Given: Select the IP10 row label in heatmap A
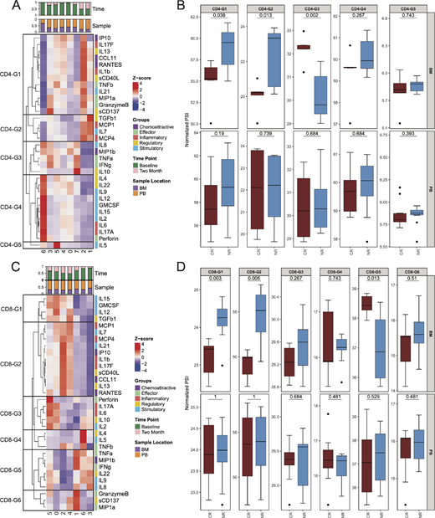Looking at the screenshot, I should pyautogui.click(x=102, y=38).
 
